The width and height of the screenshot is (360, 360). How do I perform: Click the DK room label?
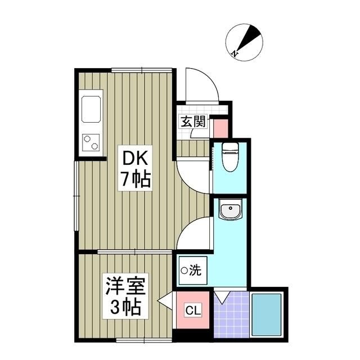tap(133, 157)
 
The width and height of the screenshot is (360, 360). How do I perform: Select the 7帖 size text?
tap(133, 179)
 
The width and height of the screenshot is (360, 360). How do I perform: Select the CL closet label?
tap(192, 310)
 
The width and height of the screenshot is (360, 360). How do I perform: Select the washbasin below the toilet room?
tap(230, 211)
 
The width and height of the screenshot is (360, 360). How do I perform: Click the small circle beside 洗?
tap(184, 271)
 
